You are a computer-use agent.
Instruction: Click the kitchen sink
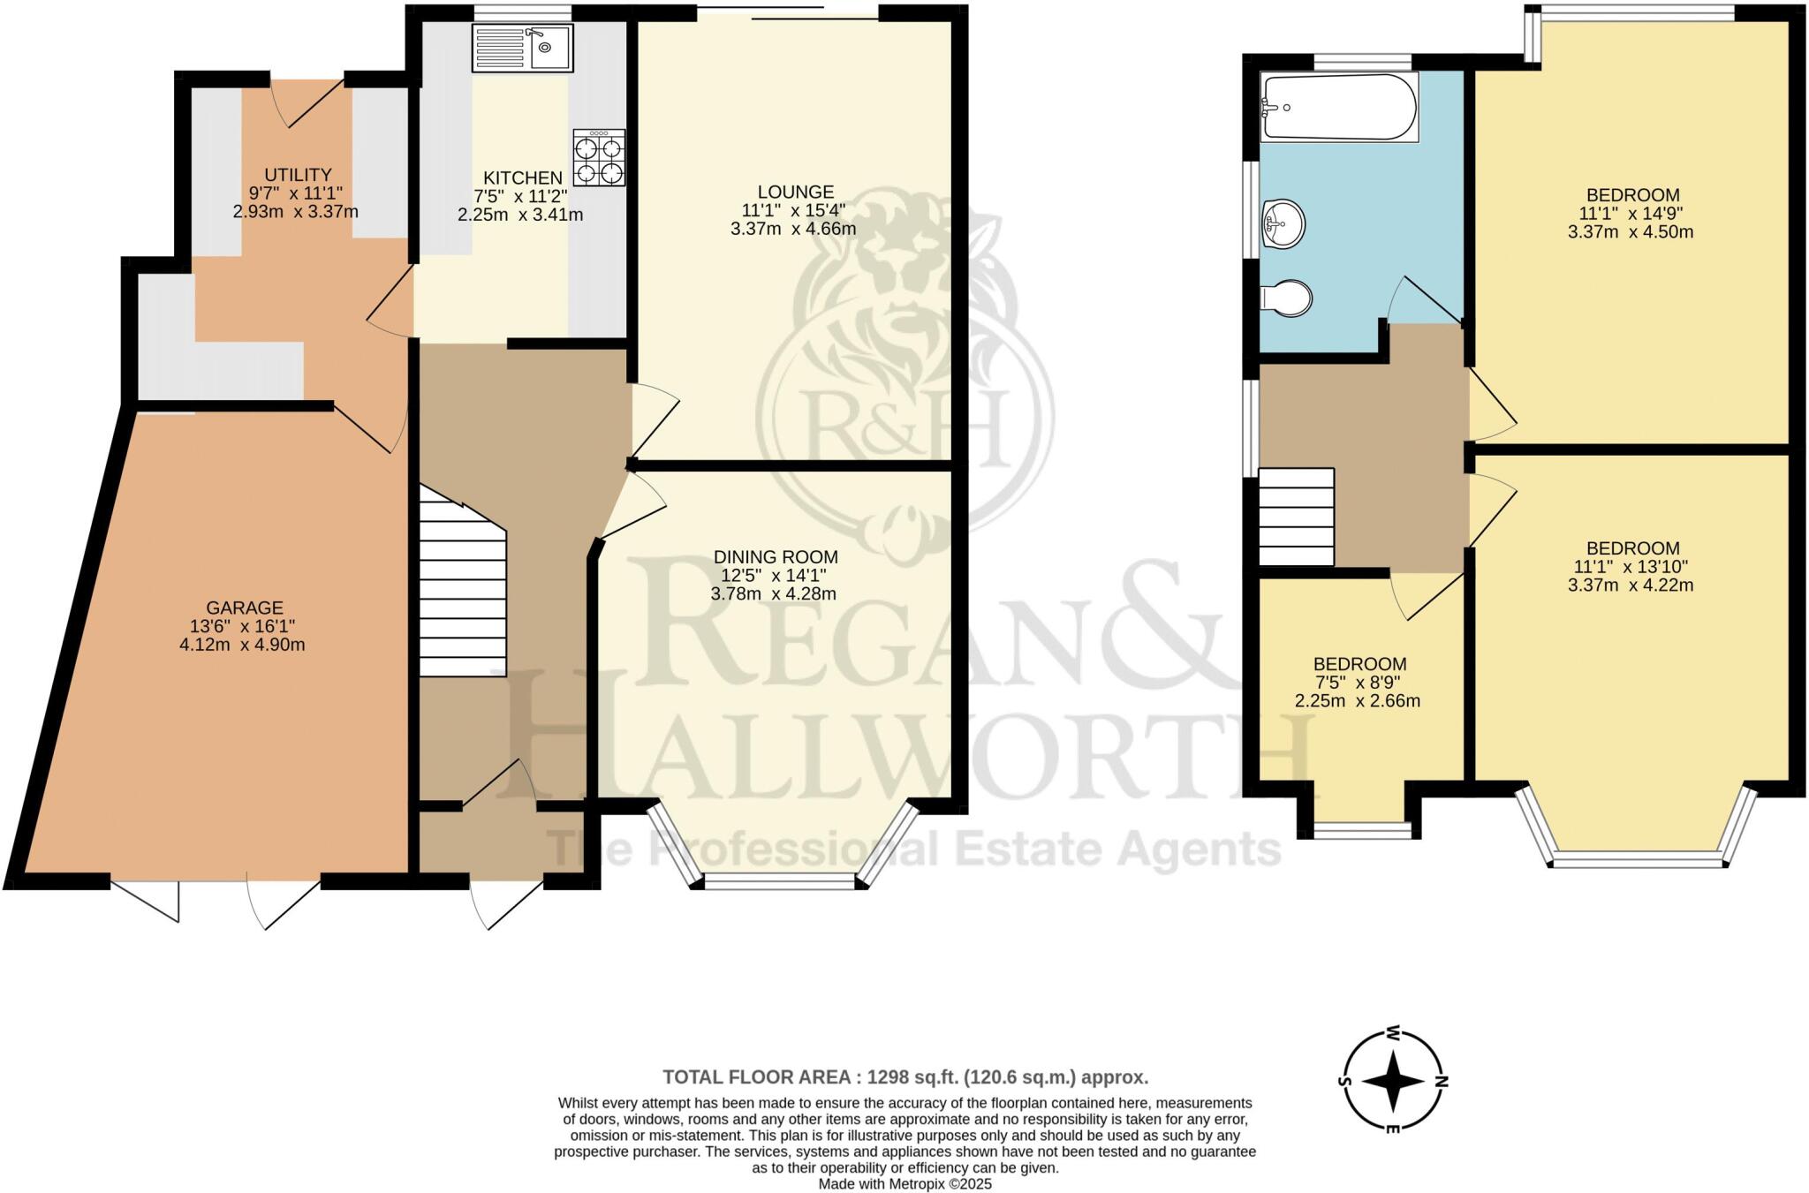pyautogui.click(x=523, y=48)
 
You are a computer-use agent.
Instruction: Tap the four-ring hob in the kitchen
pyautogui.click(x=599, y=157)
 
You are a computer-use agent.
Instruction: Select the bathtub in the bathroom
pyautogui.click(x=1340, y=107)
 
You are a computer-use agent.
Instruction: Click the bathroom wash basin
pyautogui.click(x=1284, y=223)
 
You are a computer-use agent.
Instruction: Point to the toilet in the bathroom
pyautogui.click(x=1289, y=298)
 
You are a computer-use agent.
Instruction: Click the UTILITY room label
pyautogui.click(x=298, y=175)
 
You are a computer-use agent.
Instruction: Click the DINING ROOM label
pyautogui.click(x=776, y=557)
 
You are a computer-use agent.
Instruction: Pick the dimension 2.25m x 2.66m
pyautogui.click(x=1358, y=701)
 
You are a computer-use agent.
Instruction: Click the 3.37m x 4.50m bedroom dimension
pyautogui.click(x=1631, y=232)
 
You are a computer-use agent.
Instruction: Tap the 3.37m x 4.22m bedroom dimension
pyautogui.click(x=1631, y=585)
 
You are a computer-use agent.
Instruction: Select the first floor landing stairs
pyautogui.click(x=1296, y=517)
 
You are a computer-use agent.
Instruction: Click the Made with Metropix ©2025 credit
pyautogui.click(x=905, y=1184)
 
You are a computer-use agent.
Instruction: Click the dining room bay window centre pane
pyautogui.click(x=780, y=881)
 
